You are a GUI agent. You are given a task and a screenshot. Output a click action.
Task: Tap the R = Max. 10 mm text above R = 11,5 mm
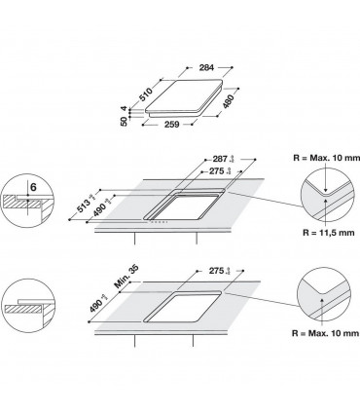(319, 152)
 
